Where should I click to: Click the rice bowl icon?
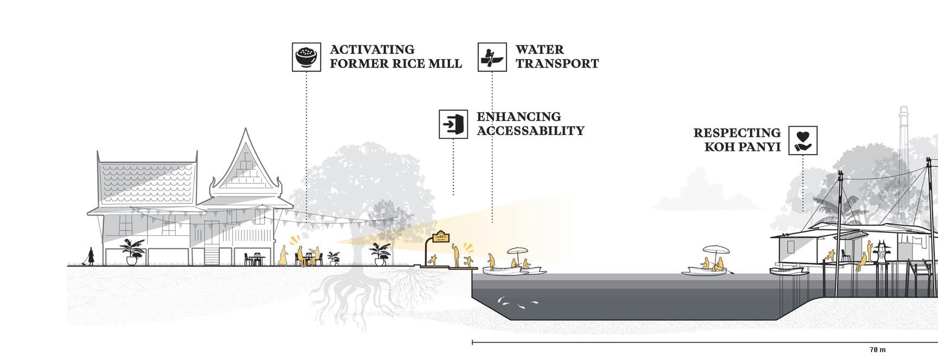pyautogui.click(x=306, y=56)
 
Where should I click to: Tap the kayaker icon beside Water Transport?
pyautogui.click(x=492, y=57)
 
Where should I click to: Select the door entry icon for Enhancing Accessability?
pyautogui.click(x=453, y=124)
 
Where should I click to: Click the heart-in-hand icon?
pyautogui.click(x=803, y=140)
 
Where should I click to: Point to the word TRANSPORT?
pyautogui.click(x=557, y=64)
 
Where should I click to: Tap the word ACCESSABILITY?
pyautogui.click(x=530, y=131)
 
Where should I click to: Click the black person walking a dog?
pyautogui.click(x=90, y=256)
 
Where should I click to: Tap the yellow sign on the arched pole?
pyautogui.click(x=440, y=238)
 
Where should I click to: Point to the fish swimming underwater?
pyautogui.click(x=516, y=302)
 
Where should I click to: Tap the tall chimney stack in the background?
pyautogui.click(x=903, y=130)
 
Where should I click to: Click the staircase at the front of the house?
pyautogui.click(x=212, y=255)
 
